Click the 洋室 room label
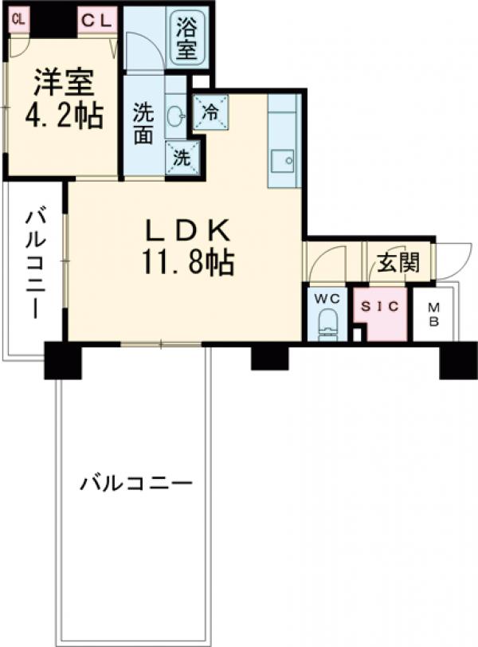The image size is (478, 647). pyautogui.click(x=64, y=84)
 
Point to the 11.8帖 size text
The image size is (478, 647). pyautogui.click(x=188, y=261)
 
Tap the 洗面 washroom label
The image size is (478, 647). pyautogui.click(x=143, y=124)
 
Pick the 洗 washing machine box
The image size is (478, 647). pyautogui.click(x=182, y=156)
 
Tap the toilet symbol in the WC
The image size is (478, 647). pyautogui.click(x=328, y=327)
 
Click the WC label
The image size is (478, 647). pyautogui.click(x=327, y=300)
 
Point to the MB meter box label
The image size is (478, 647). pyautogui.click(x=435, y=316)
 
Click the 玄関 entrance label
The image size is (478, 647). pyautogui.click(x=397, y=263)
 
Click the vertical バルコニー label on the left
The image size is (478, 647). pyautogui.click(x=34, y=263)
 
